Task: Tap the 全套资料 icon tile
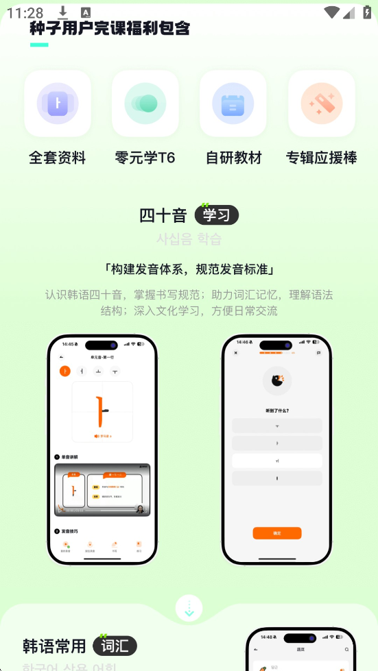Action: point(58,103)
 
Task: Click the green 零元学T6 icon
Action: point(145,103)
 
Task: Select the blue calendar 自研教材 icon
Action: point(233,103)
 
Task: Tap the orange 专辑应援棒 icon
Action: point(322,103)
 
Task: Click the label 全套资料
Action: point(58,158)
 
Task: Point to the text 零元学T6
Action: point(145,158)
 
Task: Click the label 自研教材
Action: point(233,158)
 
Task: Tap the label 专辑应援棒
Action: point(322,158)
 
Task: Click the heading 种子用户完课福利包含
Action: point(110,28)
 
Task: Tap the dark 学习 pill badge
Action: point(216,215)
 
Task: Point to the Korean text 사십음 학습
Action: point(189,239)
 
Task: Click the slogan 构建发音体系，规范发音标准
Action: point(189,268)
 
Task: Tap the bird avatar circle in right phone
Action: point(277,381)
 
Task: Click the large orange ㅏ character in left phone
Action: point(102,411)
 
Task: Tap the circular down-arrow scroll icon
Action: point(189,608)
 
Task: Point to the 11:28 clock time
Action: point(25,12)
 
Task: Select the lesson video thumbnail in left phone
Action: point(102,490)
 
